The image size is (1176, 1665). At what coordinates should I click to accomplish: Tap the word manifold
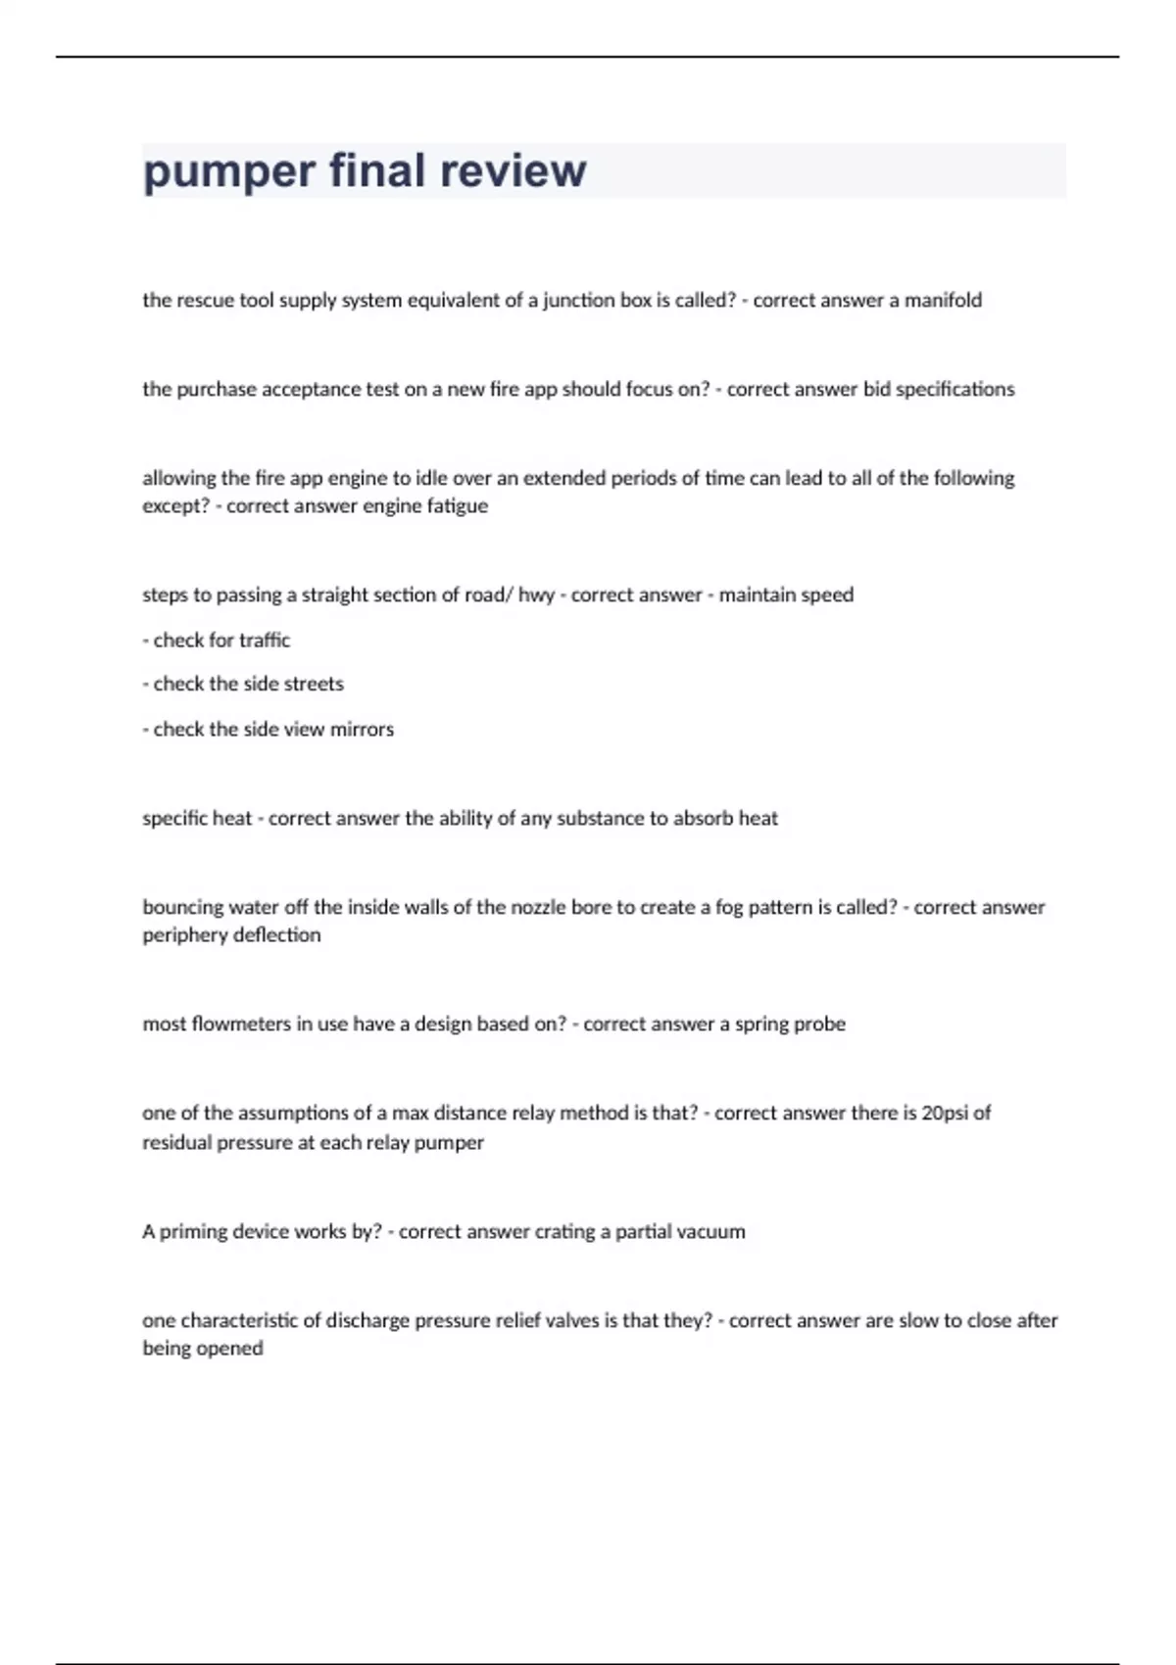[x=943, y=300]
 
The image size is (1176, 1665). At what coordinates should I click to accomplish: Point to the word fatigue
[x=458, y=506]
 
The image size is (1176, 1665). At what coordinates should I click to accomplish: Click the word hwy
[x=536, y=595]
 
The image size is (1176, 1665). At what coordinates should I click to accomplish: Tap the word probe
[x=820, y=1024]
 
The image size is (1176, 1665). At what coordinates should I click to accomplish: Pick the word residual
[x=177, y=1142]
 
